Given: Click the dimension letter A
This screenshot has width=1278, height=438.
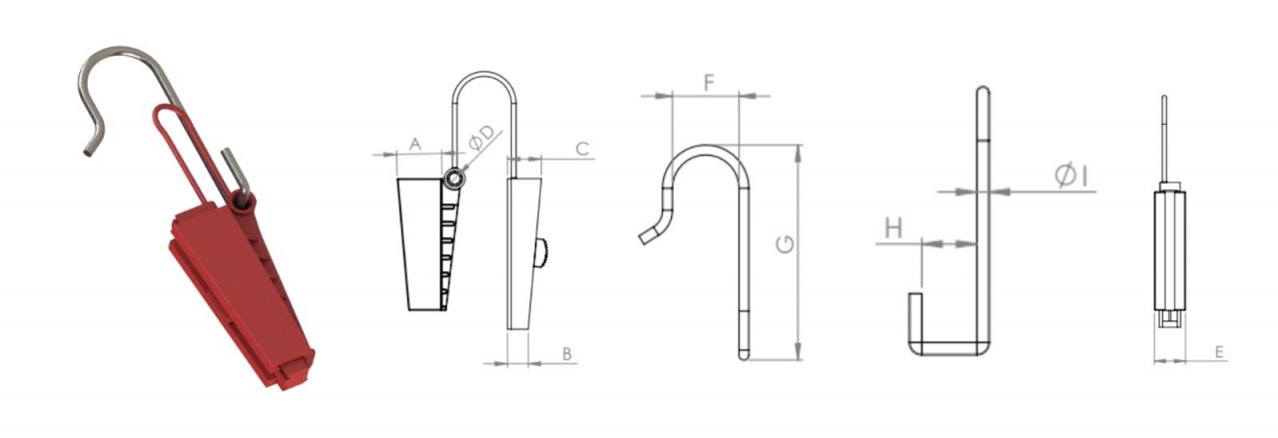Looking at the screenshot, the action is coord(415,144).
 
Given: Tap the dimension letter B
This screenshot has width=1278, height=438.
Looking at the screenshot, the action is coord(566,354).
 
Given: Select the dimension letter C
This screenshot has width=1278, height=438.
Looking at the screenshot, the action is coord(582,149).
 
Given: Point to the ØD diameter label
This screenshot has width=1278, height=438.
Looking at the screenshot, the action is coord(482,138).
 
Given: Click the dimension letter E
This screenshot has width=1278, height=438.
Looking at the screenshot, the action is coord(1219,352).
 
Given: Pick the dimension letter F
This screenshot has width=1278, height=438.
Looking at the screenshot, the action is coord(709,83).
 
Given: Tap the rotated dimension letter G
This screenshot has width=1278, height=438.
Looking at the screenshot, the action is coord(785,244).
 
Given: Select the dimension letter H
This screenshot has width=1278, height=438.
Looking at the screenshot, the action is coord(894,227).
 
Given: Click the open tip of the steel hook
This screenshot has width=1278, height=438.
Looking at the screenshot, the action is coord(87,152).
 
